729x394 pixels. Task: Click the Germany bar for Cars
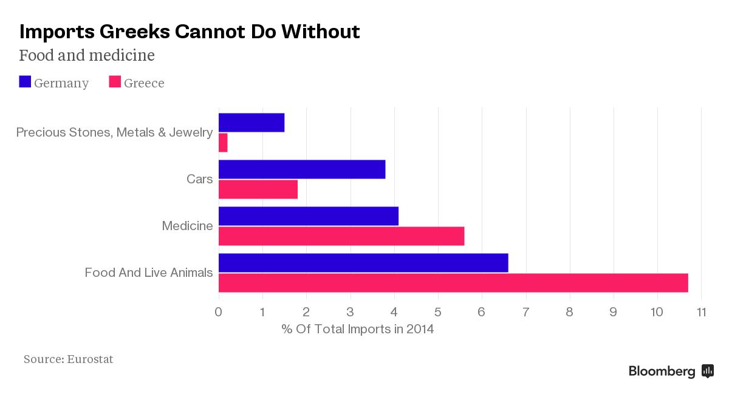(x=302, y=169)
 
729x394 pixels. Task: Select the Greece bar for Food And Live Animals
(x=453, y=283)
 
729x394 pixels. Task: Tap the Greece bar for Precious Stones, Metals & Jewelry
(x=223, y=143)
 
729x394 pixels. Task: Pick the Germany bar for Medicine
(x=309, y=216)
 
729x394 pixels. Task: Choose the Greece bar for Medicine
(x=341, y=236)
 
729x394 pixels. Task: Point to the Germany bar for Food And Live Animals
(x=363, y=263)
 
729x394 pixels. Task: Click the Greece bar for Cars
(x=258, y=189)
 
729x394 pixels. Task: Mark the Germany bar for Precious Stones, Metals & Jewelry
(x=252, y=123)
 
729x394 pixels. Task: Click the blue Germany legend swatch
(x=25, y=82)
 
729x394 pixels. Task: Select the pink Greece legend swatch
(x=115, y=82)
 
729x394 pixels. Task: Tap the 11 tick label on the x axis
(x=701, y=312)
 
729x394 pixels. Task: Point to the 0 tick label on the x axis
(x=218, y=312)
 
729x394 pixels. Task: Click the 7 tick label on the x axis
(x=526, y=312)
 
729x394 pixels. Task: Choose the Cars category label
(x=199, y=179)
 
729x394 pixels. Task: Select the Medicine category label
(x=188, y=226)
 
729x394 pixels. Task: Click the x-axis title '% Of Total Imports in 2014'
(x=358, y=329)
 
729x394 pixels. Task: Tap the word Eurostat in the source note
(x=90, y=359)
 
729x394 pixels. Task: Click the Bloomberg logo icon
(x=708, y=371)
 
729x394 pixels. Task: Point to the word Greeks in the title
(x=134, y=32)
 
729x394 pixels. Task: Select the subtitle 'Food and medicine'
(x=87, y=55)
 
